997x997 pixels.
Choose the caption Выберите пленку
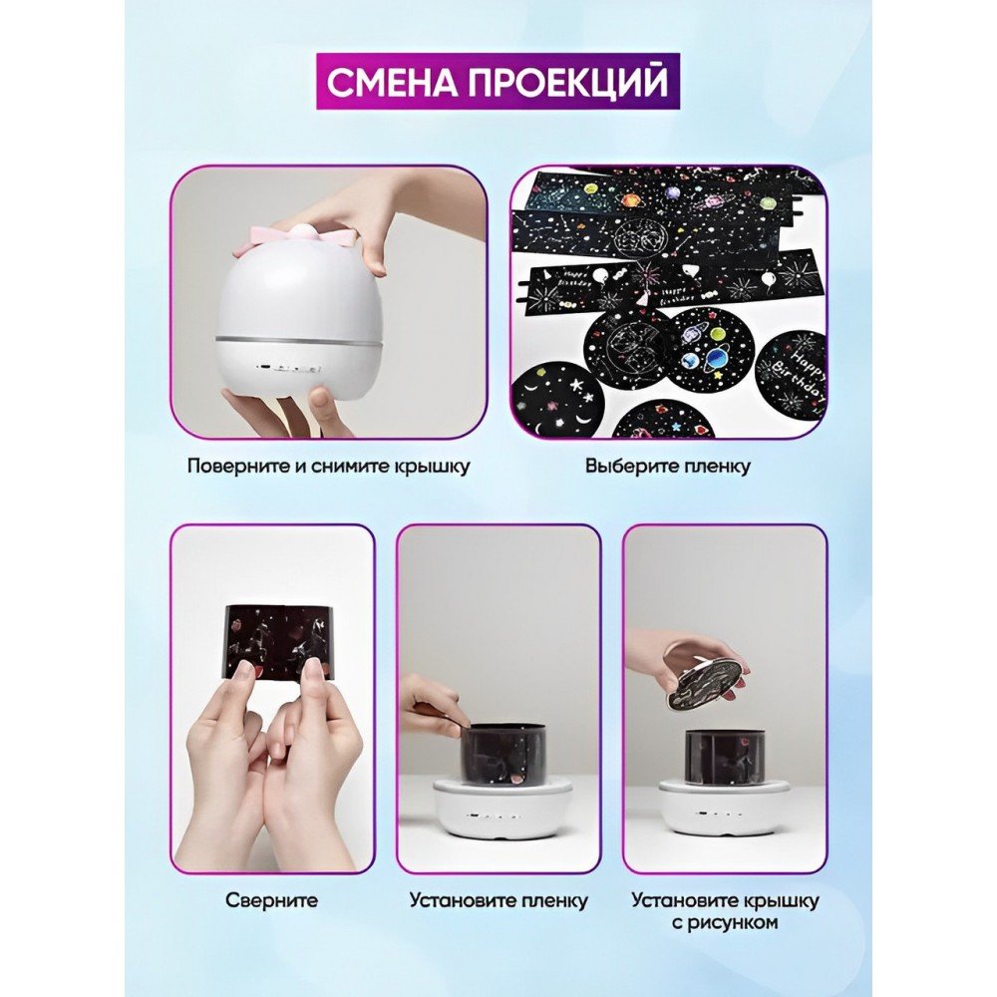[668, 466]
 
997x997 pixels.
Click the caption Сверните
[271, 899]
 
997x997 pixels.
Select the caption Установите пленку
[499, 900]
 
